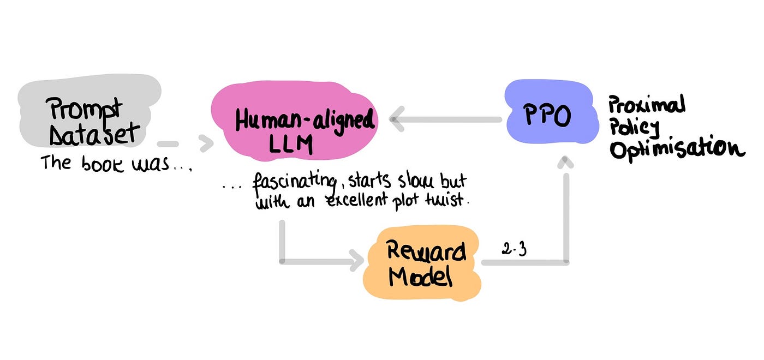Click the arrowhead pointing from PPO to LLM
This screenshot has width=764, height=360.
pos(397,119)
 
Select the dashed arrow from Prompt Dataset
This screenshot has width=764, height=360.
pos(186,144)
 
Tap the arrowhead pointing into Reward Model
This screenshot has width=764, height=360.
pos(358,261)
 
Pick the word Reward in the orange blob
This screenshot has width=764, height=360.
pos(426,253)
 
